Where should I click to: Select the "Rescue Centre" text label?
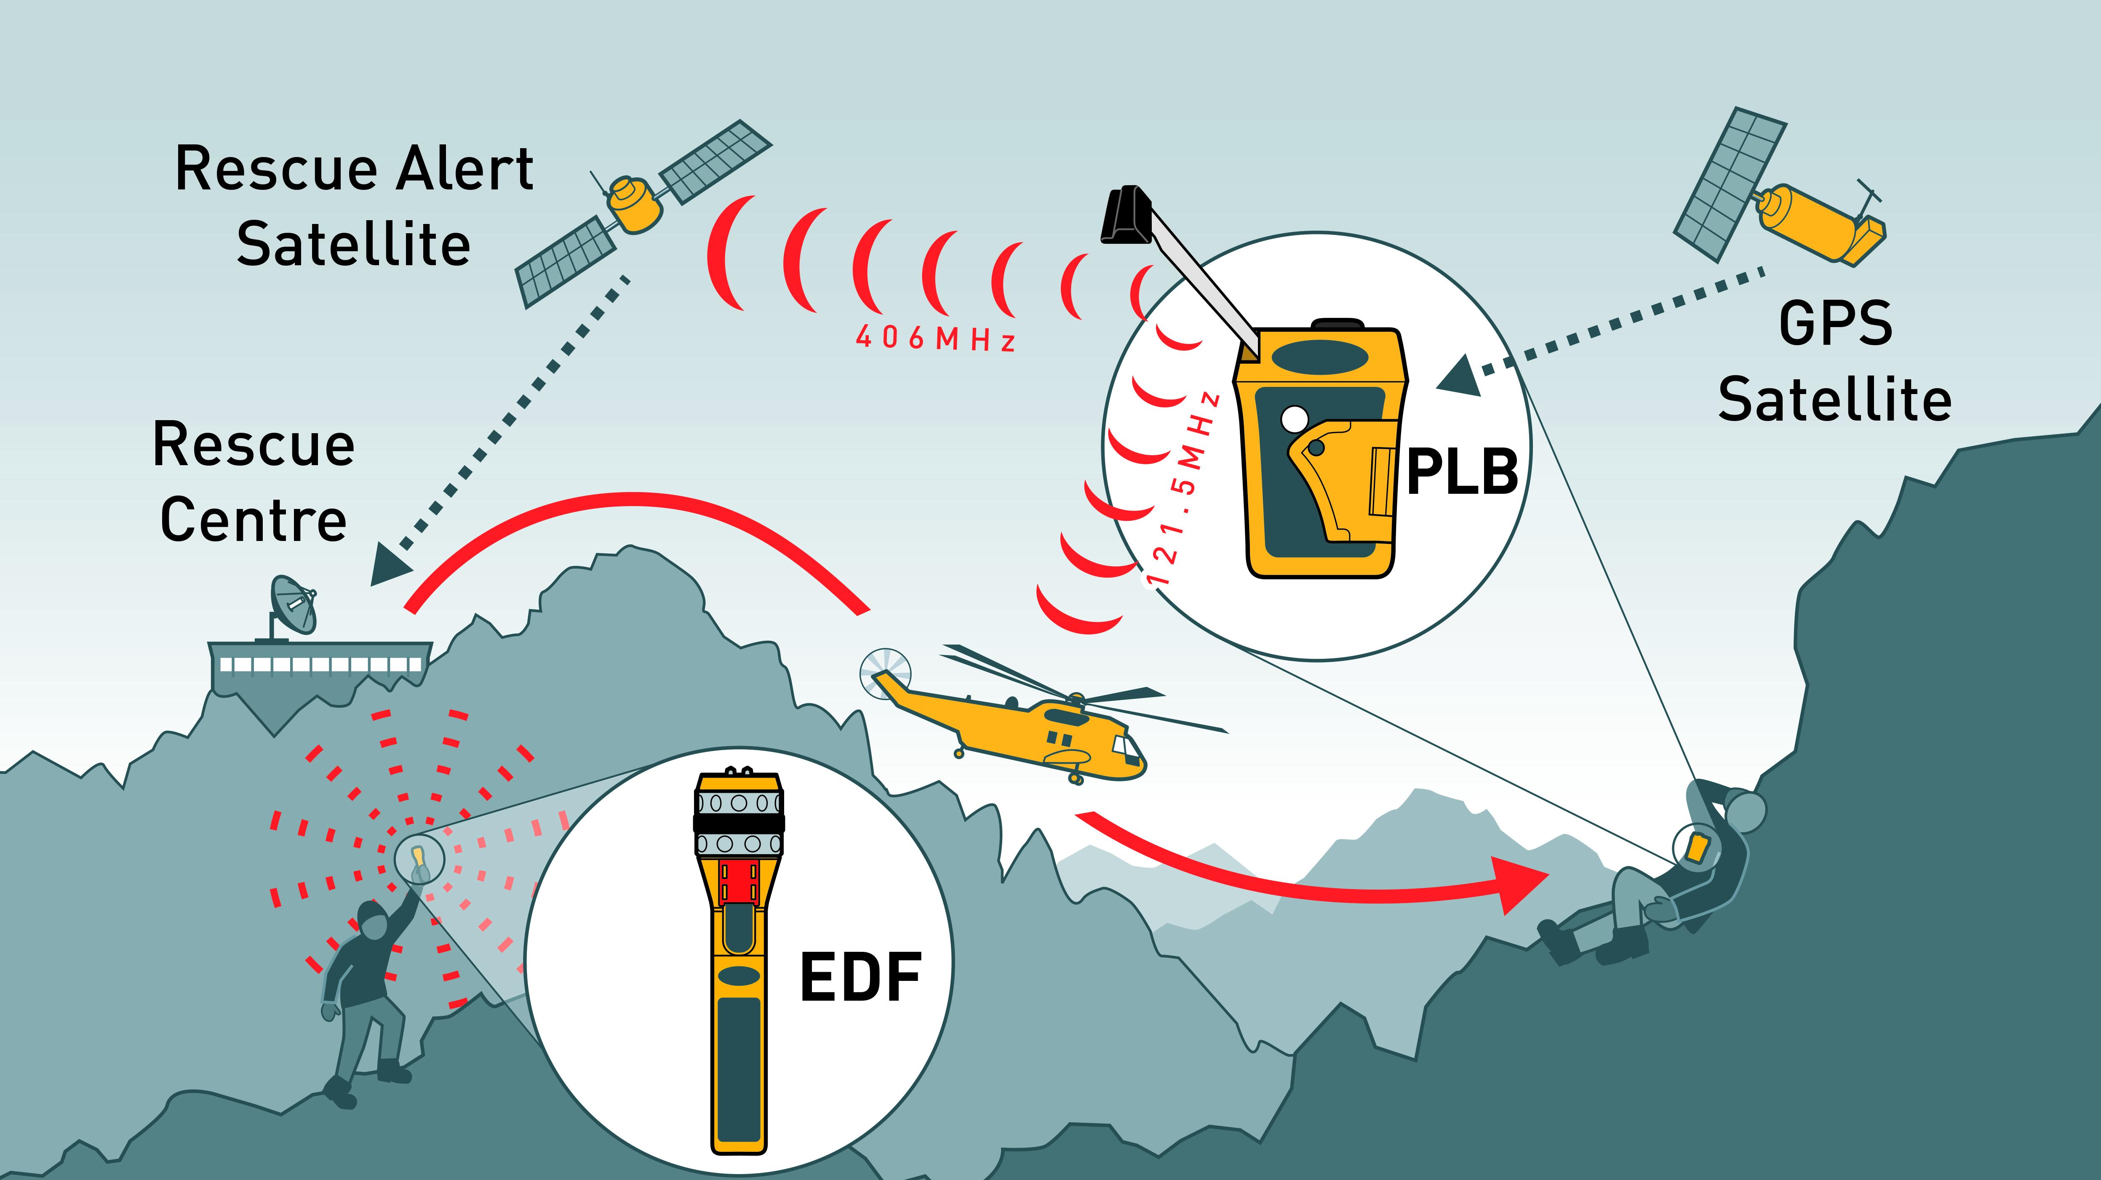click(x=254, y=482)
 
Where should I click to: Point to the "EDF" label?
click(x=860, y=977)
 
